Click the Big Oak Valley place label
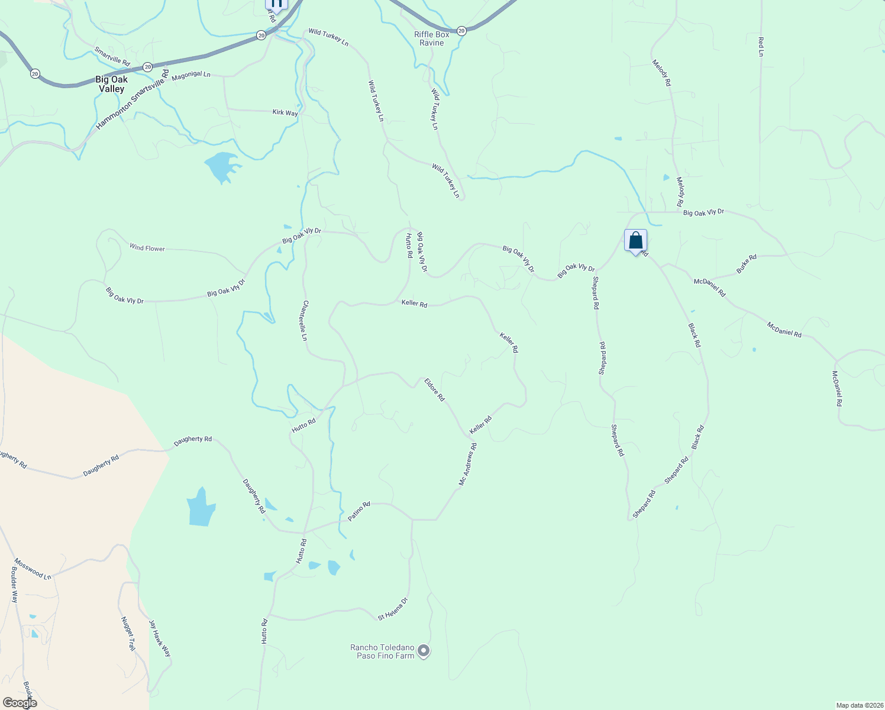click(x=111, y=84)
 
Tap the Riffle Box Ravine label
click(x=432, y=38)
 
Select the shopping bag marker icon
click(x=635, y=241)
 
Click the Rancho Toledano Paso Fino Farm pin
click(x=424, y=651)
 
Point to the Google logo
click(x=20, y=703)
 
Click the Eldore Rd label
click(x=434, y=390)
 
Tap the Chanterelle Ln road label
click(x=305, y=320)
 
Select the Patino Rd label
click(x=359, y=511)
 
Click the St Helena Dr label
click(x=393, y=609)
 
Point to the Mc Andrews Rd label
click(x=467, y=465)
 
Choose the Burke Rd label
click(x=747, y=264)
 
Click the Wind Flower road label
click(x=147, y=248)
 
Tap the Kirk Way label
click(x=285, y=112)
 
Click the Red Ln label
click(x=761, y=47)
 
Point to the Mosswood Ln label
click(x=33, y=569)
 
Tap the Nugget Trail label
click(x=128, y=634)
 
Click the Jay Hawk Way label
click(x=160, y=638)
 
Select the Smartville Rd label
click(x=112, y=56)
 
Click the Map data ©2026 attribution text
click(x=859, y=705)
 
